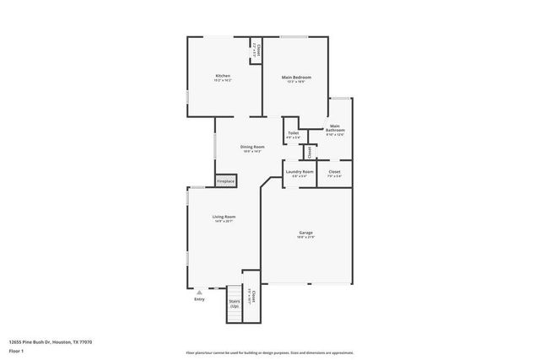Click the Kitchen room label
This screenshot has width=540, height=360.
(222, 76)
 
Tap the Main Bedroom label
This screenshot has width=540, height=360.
(295, 76)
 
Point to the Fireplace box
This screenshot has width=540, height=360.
(226, 180)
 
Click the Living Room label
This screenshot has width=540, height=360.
(224, 217)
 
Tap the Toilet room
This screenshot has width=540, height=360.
(293, 132)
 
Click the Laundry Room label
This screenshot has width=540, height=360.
(299, 171)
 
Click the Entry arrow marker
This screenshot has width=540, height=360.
(199, 292)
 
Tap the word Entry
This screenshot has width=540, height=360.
(199, 299)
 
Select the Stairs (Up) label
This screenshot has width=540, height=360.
(234, 301)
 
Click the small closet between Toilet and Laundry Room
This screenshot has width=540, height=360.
(310, 152)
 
